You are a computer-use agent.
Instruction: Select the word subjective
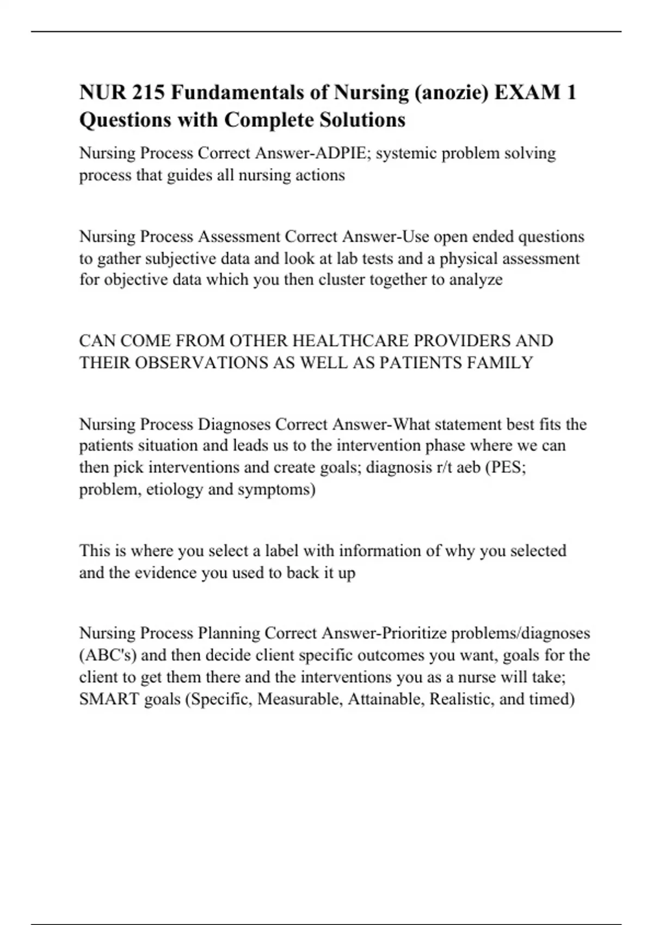click(x=177, y=258)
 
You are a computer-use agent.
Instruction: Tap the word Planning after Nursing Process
click(x=229, y=633)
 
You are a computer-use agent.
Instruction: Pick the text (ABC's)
click(x=108, y=655)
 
